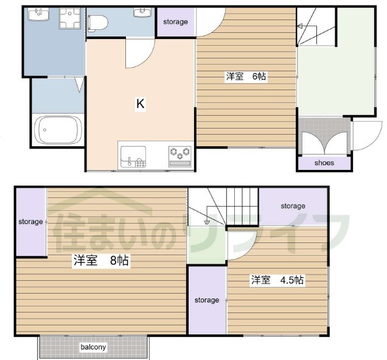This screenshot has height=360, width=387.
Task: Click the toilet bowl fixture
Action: pyautogui.click(x=98, y=24)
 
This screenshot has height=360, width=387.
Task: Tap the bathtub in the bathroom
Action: pyautogui.click(x=58, y=130)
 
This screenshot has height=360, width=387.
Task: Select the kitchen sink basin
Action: pyautogui.click(x=133, y=157)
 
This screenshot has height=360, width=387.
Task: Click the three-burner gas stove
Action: pyautogui.click(x=180, y=157)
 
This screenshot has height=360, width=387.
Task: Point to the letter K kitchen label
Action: pyautogui.click(x=141, y=104)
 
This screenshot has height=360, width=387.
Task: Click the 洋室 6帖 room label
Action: pyautogui.click(x=246, y=76)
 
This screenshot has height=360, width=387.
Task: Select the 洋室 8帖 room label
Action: pyautogui.click(x=101, y=260)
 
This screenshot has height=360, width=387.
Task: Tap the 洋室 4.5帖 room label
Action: pyautogui.click(x=277, y=280)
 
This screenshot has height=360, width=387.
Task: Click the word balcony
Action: pyautogui.click(x=93, y=347)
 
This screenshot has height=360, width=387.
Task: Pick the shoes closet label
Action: pyautogui.click(x=324, y=163)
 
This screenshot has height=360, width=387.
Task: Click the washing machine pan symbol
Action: pyautogui.click(x=70, y=18)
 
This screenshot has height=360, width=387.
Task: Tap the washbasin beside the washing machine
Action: pyautogui.click(x=38, y=14)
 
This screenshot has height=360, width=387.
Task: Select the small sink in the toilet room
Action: pyautogui.click(x=142, y=12)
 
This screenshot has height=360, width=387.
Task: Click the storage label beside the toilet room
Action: pyautogui.click(x=175, y=22)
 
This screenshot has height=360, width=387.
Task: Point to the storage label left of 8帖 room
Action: pyautogui.click(x=30, y=222)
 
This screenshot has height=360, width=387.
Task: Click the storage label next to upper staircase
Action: pyautogui.click(x=293, y=206)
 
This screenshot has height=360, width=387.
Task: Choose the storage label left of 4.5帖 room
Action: pyautogui.click(x=207, y=300)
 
